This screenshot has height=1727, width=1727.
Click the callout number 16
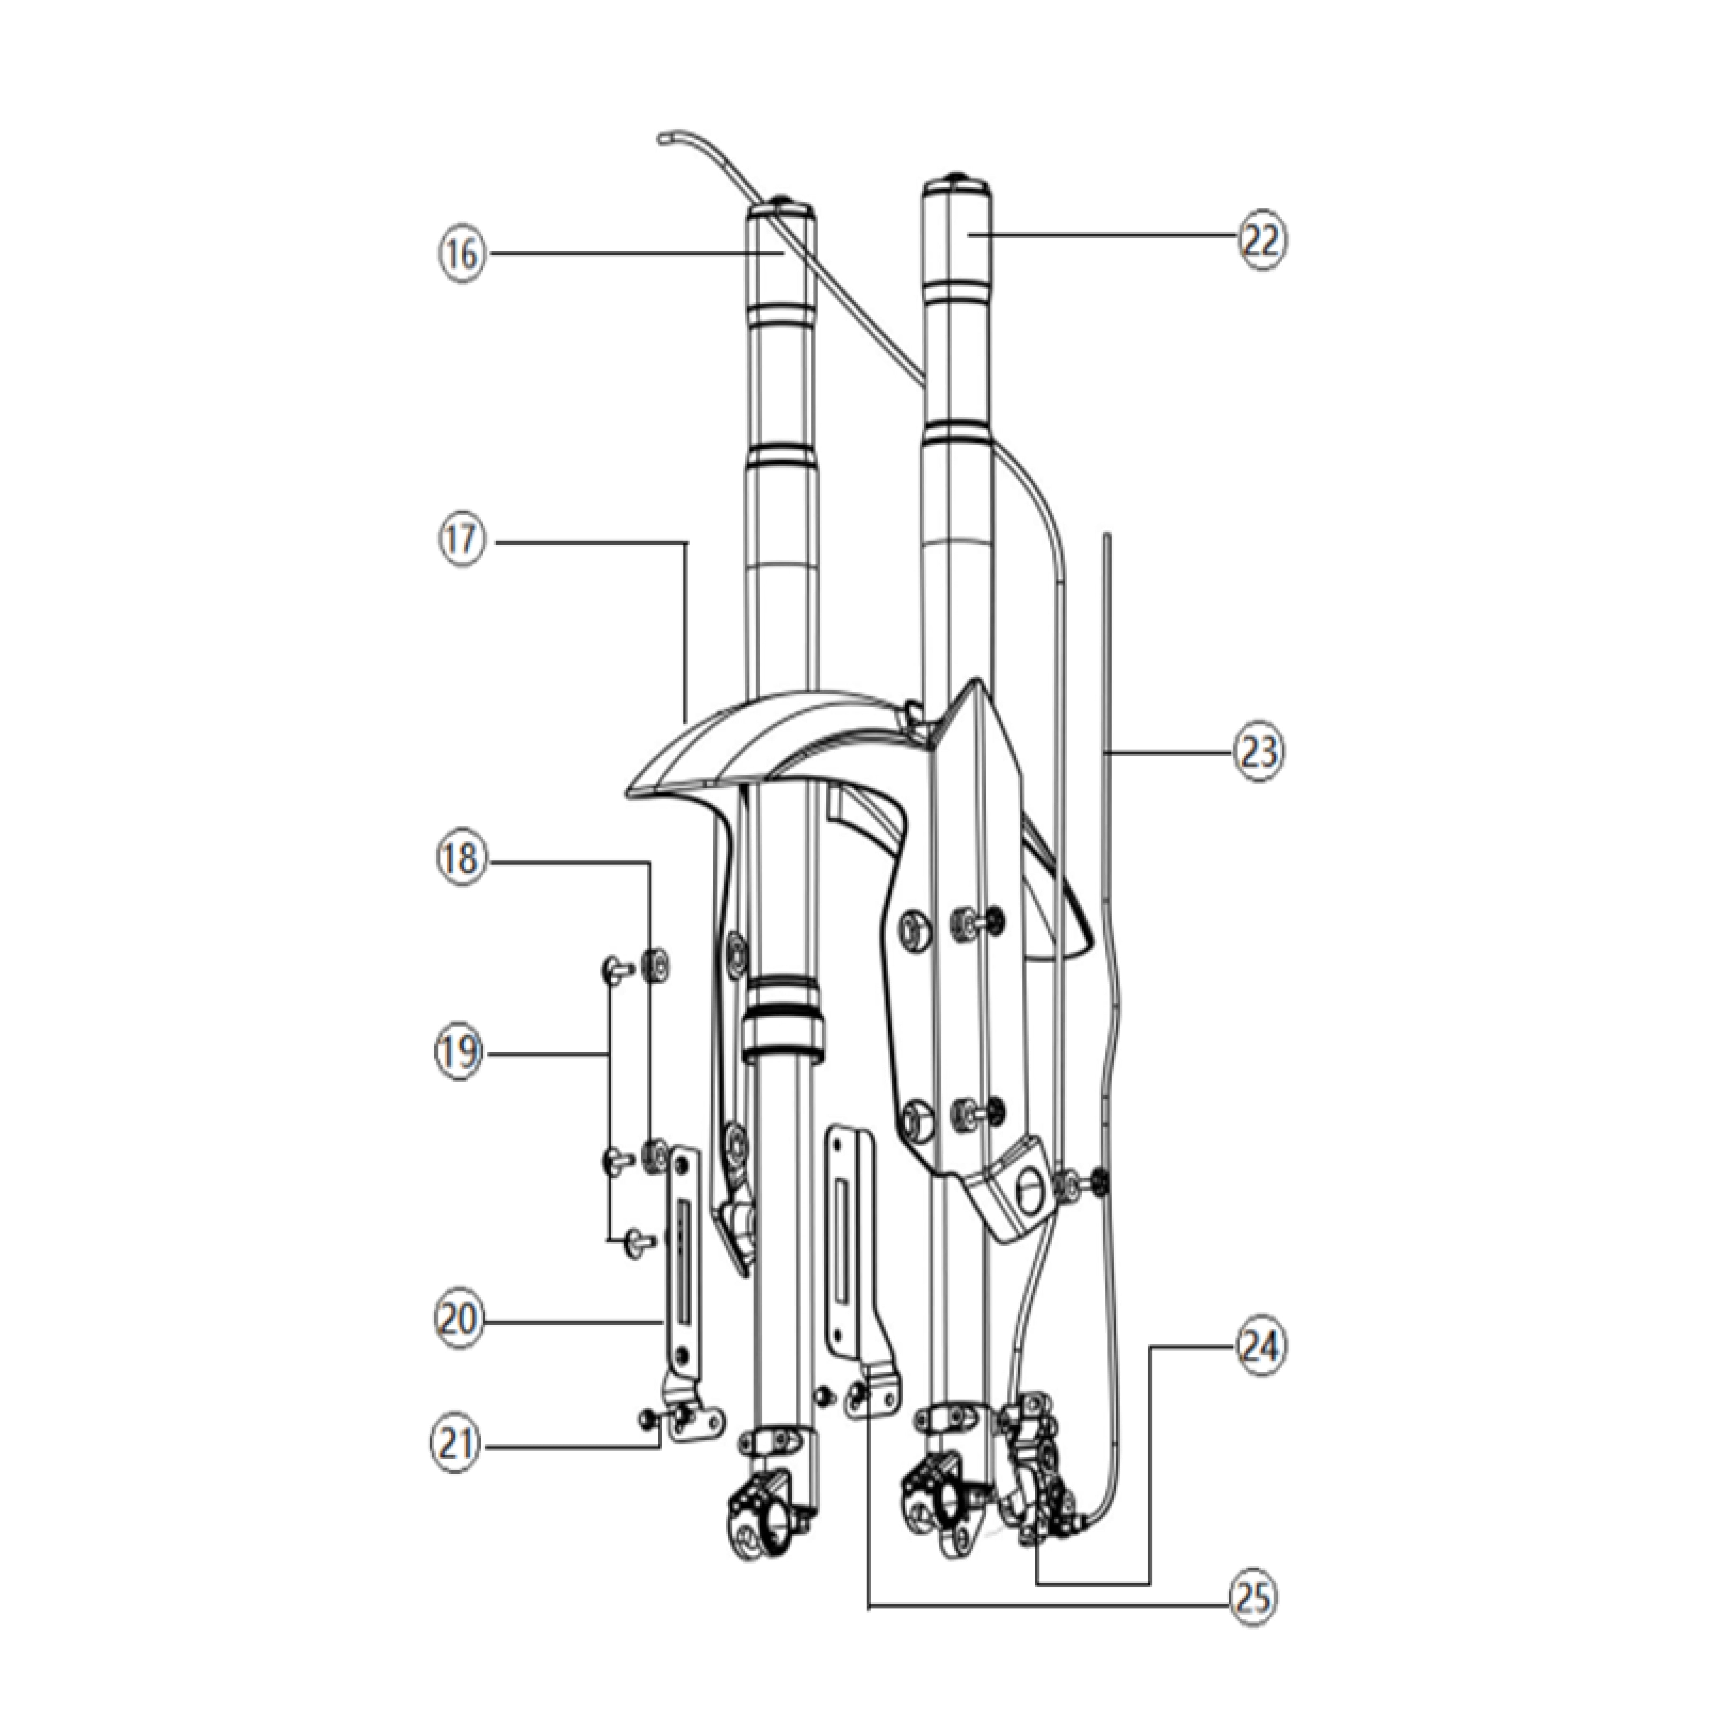click(462, 255)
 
